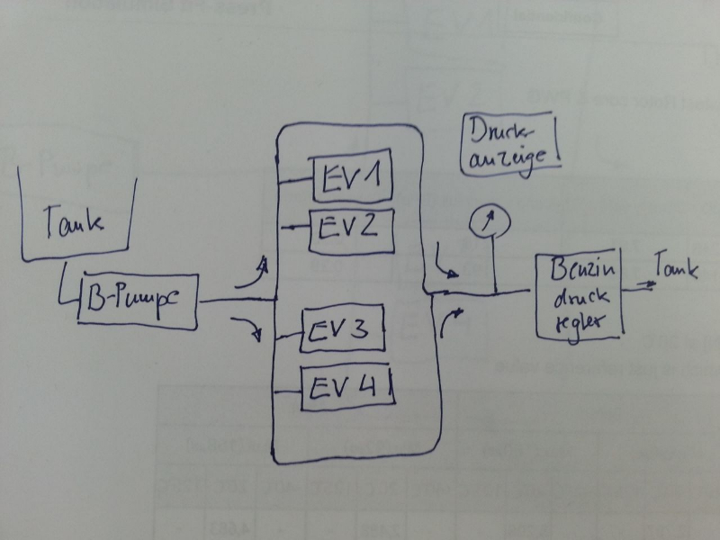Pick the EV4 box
(x=347, y=387)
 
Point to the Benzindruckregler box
(x=579, y=295)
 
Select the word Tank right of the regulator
(x=675, y=269)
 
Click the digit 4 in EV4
(x=375, y=388)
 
